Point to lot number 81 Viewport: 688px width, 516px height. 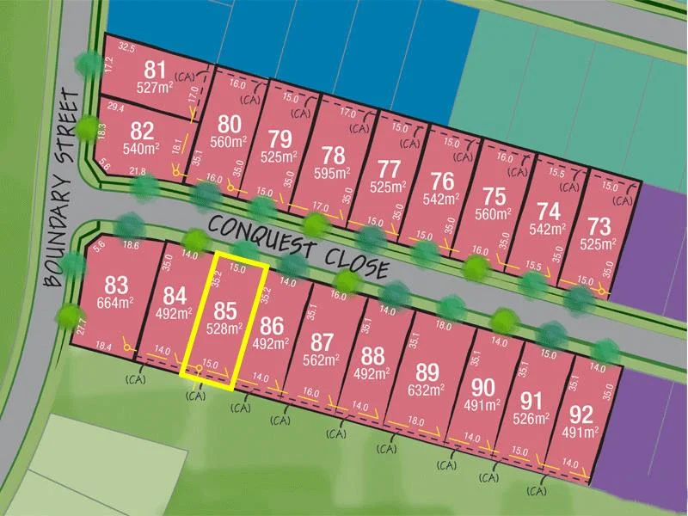pos(156,69)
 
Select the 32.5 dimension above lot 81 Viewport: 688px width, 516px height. pos(127,47)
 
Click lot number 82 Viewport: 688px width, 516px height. pos(143,131)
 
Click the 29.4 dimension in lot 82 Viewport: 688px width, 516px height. pos(114,107)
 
